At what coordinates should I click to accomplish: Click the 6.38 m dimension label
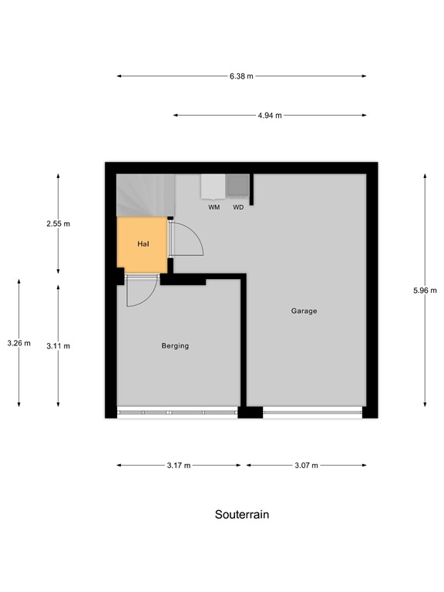click(x=241, y=76)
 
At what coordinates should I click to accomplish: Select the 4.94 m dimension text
click(x=270, y=116)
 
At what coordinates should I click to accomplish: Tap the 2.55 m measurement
click(x=58, y=224)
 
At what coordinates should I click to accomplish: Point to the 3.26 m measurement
click(x=18, y=343)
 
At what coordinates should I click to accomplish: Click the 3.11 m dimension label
click(x=58, y=346)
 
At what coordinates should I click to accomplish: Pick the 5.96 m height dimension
click(x=425, y=291)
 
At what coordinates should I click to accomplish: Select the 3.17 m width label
click(x=178, y=466)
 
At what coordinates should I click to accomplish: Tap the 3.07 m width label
click(x=305, y=466)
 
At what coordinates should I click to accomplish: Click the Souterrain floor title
click(x=241, y=514)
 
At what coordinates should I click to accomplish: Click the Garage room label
click(x=304, y=311)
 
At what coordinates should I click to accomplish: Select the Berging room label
click(x=175, y=346)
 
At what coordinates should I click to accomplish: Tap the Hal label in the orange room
click(x=143, y=244)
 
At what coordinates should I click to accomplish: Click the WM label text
click(x=214, y=207)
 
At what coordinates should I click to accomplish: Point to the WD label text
click(x=238, y=207)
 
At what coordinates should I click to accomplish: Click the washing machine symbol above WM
click(x=213, y=187)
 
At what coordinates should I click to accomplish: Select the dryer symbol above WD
click(x=238, y=187)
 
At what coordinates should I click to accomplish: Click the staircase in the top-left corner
click(x=144, y=195)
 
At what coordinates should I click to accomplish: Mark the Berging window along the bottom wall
click(x=177, y=412)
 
